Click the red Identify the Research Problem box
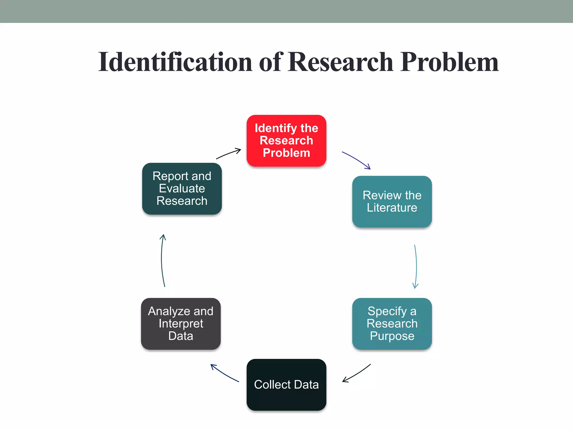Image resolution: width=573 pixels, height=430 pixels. click(x=286, y=141)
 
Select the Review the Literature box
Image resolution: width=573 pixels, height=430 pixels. click(x=392, y=202)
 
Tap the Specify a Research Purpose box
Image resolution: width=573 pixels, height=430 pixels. click(x=392, y=324)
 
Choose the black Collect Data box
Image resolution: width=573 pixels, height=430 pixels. click(x=286, y=385)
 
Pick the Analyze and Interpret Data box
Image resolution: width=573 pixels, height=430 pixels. click(x=181, y=324)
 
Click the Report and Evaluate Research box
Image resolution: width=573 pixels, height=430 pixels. click(x=182, y=188)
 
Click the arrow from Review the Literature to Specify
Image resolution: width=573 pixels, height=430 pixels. click(x=416, y=266)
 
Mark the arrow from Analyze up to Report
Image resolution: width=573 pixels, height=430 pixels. click(x=162, y=260)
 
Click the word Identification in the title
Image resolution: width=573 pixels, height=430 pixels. click(x=175, y=62)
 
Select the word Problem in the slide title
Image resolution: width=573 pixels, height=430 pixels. click(x=449, y=62)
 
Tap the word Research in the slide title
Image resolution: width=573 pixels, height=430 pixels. click(x=340, y=62)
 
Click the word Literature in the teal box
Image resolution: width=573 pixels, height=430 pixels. click(x=392, y=208)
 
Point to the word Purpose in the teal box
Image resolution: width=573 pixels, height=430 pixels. click(x=392, y=336)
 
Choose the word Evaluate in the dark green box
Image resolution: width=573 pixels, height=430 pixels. click(x=182, y=188)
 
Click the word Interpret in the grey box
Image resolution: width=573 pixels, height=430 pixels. click(x=181, y=324)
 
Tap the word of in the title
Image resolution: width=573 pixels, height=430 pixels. click(x=271, y=62)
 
